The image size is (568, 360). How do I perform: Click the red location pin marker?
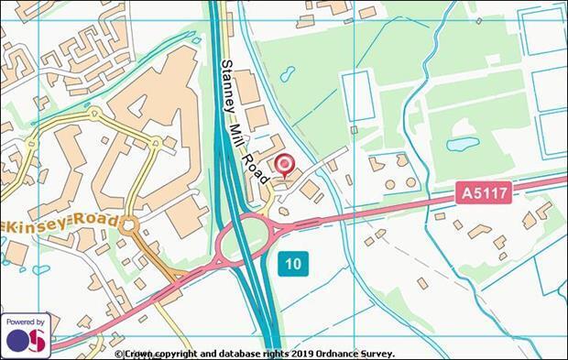(285, 165)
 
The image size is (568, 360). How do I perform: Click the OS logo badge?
(25, 340)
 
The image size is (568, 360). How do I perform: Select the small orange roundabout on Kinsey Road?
(129, 224)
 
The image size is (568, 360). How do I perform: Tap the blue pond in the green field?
(462, 145)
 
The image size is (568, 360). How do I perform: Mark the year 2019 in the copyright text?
(299, 353)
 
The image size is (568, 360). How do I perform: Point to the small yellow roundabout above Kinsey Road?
(155, 143)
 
